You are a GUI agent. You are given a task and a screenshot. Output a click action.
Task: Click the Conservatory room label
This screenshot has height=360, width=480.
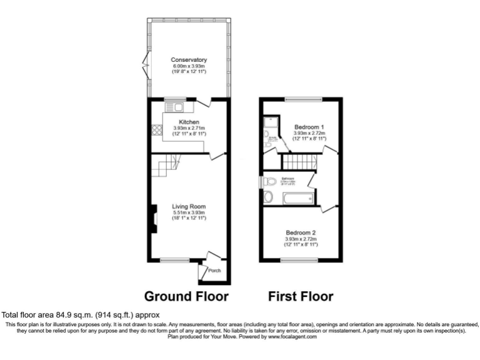[x=189, y=60]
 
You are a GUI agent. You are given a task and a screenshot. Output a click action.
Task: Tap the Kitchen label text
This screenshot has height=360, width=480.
[x=189, y=121]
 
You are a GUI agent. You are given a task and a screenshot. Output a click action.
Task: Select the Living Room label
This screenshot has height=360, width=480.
[x=189, y=207]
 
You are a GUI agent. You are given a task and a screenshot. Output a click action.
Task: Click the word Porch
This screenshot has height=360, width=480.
[x=214, y=271]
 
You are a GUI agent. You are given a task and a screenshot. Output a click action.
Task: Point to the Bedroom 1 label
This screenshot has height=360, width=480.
[x=309, y=127]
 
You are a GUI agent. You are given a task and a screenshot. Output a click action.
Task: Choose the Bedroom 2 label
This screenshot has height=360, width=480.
[x=301, y=232]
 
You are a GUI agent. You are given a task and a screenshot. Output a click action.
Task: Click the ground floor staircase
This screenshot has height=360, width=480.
[x=167, y=167]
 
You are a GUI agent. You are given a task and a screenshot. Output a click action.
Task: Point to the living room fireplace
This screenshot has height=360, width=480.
[x=151, y=220]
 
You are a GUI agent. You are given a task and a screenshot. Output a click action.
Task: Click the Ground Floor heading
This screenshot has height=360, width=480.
[x=186, y=296]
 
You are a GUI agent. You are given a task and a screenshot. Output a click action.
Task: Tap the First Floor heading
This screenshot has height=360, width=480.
[x=301, y=296]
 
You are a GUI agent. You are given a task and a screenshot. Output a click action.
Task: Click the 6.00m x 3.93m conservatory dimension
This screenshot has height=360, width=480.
[x=189, y=66]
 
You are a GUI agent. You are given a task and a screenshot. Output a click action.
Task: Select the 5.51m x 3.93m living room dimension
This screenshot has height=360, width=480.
[x=189, y=213]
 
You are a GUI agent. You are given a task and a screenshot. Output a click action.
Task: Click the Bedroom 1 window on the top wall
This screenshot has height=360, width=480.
[x=304, y=99]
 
